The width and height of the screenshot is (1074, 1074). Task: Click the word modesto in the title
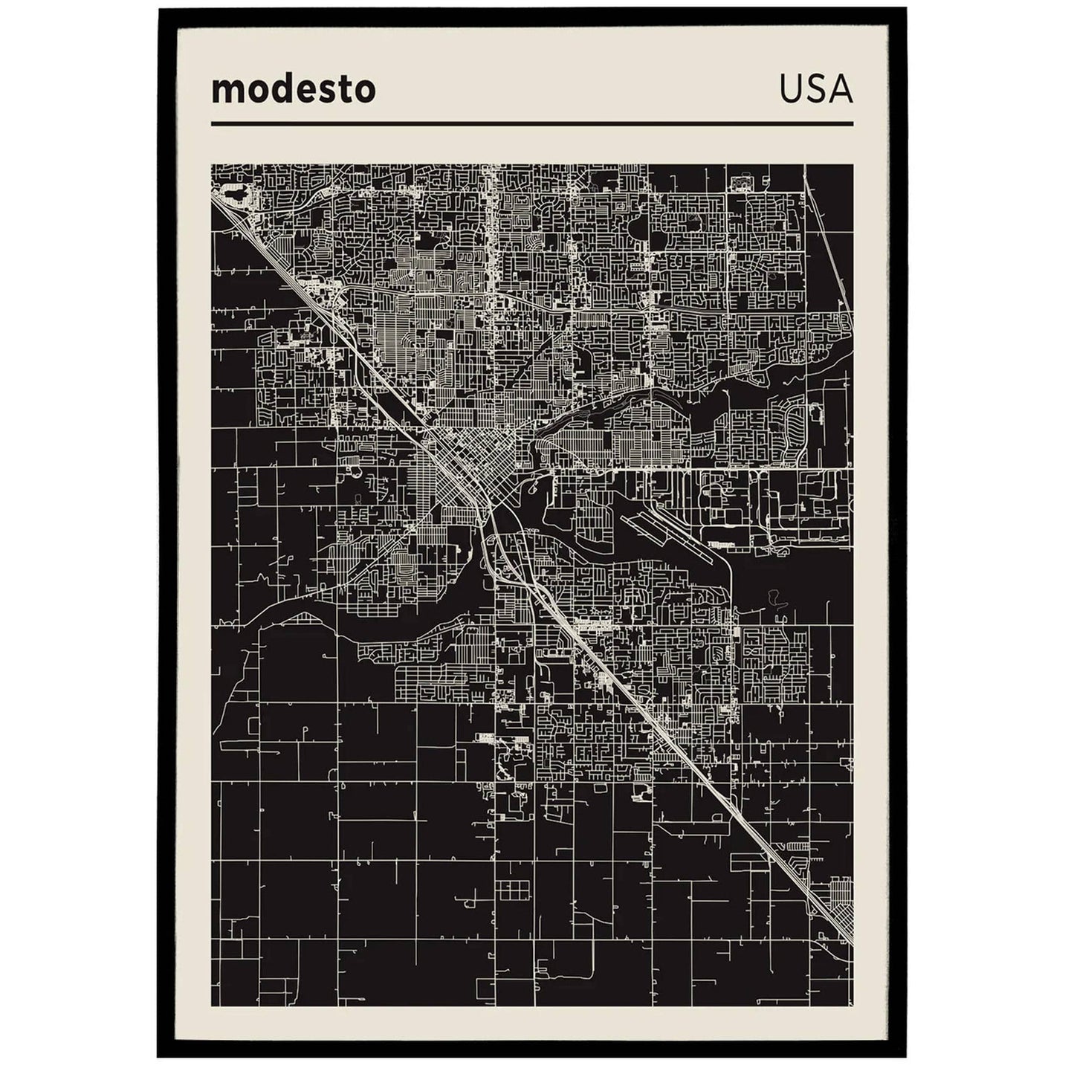294,90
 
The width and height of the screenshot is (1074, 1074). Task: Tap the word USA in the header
815,90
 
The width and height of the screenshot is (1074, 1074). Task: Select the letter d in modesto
278,90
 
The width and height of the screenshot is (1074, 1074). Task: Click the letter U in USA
791,90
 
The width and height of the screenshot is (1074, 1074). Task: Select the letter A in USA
840,90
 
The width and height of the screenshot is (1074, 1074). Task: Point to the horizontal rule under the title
531,123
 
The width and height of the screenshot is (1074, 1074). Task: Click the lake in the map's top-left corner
233,195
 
